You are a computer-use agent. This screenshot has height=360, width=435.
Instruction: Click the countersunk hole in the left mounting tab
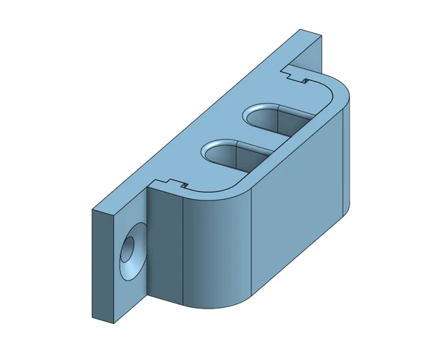click(131, 253)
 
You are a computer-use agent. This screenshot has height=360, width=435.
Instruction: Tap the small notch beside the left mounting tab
click(170, 184)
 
